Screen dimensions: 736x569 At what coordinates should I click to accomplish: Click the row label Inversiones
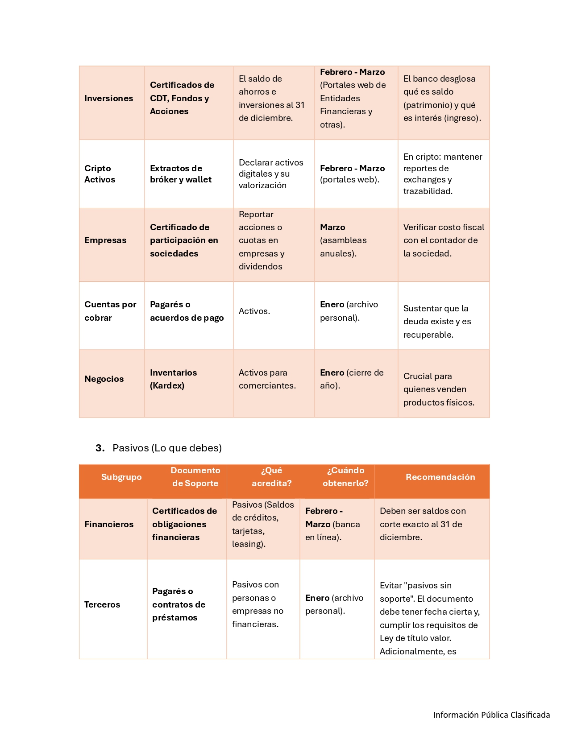pos(108,98)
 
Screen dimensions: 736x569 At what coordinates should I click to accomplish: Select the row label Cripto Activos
pos(100,174)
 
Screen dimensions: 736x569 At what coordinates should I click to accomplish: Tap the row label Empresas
pos(105,240)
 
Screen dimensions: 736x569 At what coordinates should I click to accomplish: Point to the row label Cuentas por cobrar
pos(110,311)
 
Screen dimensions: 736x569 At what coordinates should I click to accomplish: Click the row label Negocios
pos(104,379)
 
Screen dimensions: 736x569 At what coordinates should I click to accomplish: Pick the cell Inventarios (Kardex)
pos(173,379)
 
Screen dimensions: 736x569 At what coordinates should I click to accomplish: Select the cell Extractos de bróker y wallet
pos(181,174)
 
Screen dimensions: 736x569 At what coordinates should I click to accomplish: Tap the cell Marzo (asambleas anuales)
pos(343,240)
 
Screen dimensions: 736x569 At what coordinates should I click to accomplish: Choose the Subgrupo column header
pos(121,477)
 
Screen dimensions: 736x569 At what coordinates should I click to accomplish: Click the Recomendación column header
pos(440,477)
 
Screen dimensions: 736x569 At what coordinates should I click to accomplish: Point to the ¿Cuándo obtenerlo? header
pos(345,476)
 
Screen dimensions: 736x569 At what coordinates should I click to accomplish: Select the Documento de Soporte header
pos(195,476)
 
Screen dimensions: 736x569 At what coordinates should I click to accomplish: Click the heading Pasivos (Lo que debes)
pos(167,448)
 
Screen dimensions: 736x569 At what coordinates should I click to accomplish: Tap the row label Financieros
pos(109,524)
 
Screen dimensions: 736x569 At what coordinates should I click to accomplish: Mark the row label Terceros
pos(102,604)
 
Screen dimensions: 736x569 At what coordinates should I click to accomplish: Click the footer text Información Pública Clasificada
pos(491,715)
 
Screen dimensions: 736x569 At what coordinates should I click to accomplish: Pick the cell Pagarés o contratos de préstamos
pos(179,604)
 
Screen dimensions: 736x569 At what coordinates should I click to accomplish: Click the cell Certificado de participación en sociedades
pos(184,240)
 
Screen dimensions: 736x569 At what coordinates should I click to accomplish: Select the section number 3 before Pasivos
pos(100,448)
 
